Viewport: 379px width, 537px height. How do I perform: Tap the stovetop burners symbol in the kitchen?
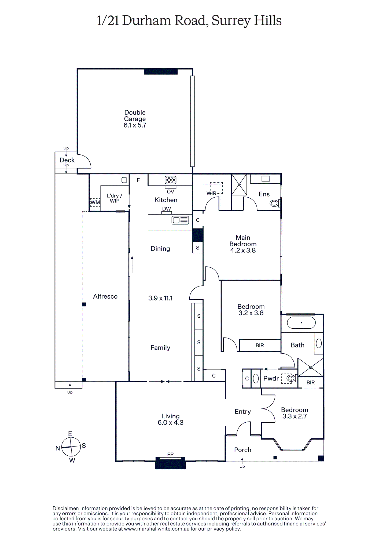pos(171,180)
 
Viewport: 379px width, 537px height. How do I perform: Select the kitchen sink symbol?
pos(180,220)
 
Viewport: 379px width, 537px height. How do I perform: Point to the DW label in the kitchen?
pos(167,209)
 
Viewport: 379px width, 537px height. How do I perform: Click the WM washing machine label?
pos(95,202)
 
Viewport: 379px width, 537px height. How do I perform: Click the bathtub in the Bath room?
pos(301,323)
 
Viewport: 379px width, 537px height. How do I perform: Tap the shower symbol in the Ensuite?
pos(239,184)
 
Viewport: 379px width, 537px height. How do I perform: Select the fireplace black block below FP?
pos(170,463)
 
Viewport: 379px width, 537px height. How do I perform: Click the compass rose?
pos(71,447)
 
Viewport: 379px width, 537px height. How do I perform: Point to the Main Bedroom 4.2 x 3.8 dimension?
pos(243,250)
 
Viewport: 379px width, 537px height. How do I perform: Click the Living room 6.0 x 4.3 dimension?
pos(171,422)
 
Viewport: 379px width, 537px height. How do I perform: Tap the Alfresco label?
pos(105,296)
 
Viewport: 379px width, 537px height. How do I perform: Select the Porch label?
pos(243,450)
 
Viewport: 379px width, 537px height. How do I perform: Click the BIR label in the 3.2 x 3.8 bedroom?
pos(260,345)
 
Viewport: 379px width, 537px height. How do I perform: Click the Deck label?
pos(67,160)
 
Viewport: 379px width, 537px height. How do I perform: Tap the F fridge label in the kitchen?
pos(138,180)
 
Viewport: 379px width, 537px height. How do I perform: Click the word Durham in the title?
pos(146,20)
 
